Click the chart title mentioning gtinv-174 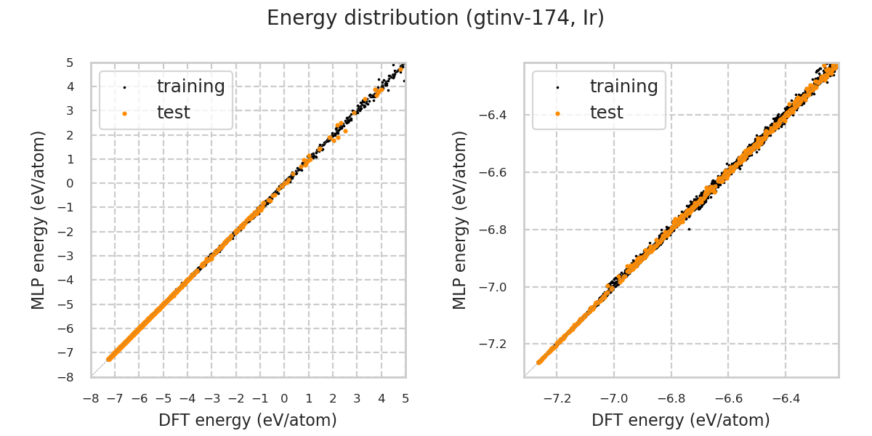click(x=435, y=18)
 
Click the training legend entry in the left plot click(x=190, y=86)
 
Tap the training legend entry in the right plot click(x=623, y=86)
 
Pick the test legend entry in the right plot click(x=606, y=113)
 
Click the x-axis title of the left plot click(x=248, y=420)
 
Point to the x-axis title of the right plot click(x=681, y=420)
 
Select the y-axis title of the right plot click(x=461, y=219)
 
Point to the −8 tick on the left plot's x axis click(x=91, y=398)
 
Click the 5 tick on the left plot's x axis click(x=405, y=398)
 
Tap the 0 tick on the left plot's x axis click(x=284, y=398)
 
